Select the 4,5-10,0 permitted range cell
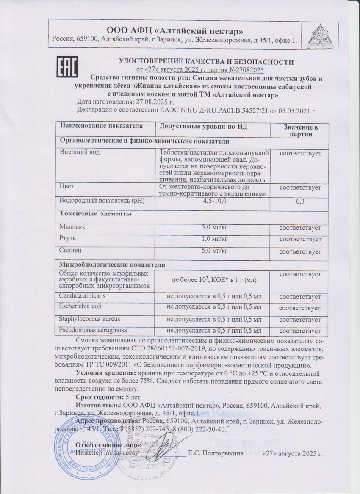click(x=213, y=201)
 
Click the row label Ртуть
click(x=68, y=239)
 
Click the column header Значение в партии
click(x=300, y=130)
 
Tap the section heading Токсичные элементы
click(x=95, y=214)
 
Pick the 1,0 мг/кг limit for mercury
click(x=213, y=239)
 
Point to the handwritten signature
click(x=163, y=447)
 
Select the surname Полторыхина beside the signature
click(x=220, y=454)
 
